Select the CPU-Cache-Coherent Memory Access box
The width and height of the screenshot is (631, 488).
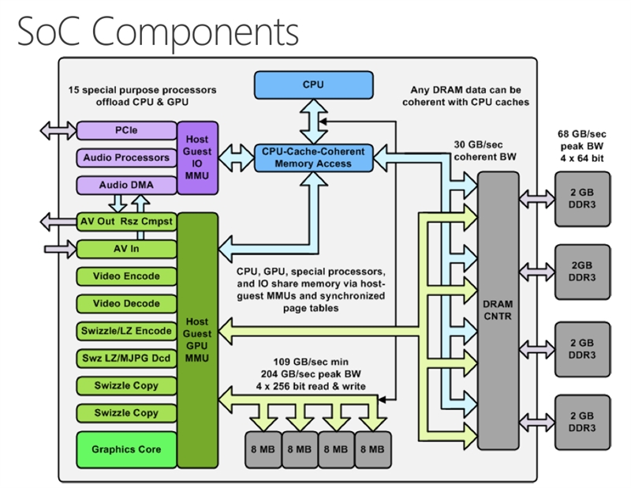pyautogui.click(x=313, y=156)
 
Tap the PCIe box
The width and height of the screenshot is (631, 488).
pyautogui.click(x=125, y=130)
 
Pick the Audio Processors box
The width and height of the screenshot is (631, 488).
pyautogui.click(x=125, y=157)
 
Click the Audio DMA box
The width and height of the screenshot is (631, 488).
pyautogui.click(x=125, y=185)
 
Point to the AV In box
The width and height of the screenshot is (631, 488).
pyautogui.click(x=125, y=249)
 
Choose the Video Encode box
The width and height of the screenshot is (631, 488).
pyautogui.click(x=125, y=276)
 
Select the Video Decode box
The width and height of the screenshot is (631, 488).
pyautogui.click(x=125, y=303)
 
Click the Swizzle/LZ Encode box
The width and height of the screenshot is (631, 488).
pyautogui.click(x=125, y=331)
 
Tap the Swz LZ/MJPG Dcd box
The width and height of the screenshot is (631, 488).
pyautogui.click(x=125, y=358)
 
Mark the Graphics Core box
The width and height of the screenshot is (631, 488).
pyautogui.click(x=125, y=449)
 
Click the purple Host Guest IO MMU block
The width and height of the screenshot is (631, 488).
pyautogui.click(x=196, y=157)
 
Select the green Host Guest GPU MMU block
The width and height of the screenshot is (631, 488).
pyautogui.click(x=196, y=340)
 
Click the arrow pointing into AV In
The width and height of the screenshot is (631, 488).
pyautogui.click(x=61, y=249)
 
